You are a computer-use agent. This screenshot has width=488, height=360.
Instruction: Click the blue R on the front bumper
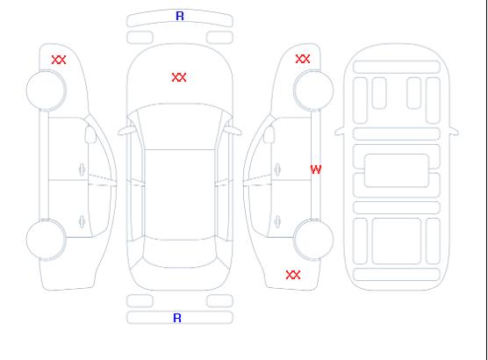[x=180, y=16]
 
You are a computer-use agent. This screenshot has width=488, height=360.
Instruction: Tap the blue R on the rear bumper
[x=177, y=318]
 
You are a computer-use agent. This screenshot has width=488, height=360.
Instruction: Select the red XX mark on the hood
[x=179, y=77]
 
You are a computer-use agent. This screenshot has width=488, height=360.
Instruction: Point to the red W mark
[x=316, y=169]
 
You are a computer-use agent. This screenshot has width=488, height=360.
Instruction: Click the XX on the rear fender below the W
[x=293, y=275]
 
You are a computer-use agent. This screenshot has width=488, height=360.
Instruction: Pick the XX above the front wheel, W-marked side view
[x=303, y=59]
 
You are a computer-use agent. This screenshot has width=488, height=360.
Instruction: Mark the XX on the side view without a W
[x=59, y=60]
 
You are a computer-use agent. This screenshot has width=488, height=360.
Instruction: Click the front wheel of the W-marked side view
[x=313, y=90]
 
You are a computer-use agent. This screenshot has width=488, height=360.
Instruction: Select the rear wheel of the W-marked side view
[x=313, y=240]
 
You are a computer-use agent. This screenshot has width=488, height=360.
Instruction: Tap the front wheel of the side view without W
[x=46, y=90]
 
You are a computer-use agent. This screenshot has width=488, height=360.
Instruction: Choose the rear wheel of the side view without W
[x=46, y=240]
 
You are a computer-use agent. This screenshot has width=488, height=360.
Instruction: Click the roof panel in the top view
[x=180, y=195]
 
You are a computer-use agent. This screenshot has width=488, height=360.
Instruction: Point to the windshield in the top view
[x=180, y=126]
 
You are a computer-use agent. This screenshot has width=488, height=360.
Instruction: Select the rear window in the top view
[x=180, y=253]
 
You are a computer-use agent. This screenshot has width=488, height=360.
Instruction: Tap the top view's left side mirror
[x=126, y=131]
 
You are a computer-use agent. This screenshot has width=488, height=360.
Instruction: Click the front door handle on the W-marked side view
[x=277, y=169]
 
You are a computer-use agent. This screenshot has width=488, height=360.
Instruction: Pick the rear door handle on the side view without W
[x=82, y=221]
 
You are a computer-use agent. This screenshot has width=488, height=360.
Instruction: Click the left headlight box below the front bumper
[x=140, y=38]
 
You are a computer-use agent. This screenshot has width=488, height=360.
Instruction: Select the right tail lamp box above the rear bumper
[x=219, y=301]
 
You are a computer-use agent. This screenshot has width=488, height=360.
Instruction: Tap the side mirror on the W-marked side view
[x=269, y=134]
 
